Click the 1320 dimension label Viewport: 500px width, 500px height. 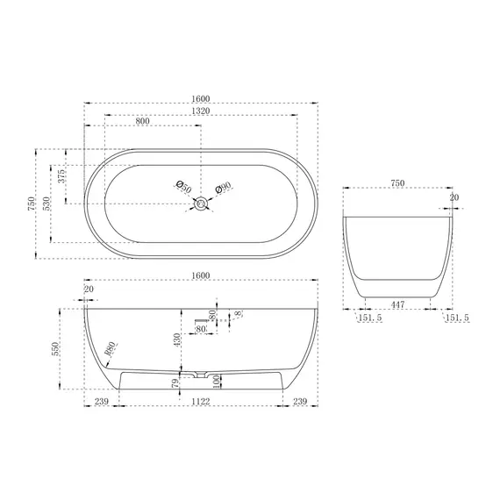(201, 111)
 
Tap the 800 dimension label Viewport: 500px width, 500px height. (142, 121)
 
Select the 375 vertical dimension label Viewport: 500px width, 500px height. (61, 176)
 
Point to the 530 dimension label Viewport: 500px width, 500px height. (46, 204)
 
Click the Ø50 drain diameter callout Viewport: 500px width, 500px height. (184, 187)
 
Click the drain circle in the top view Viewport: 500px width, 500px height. (201, 204)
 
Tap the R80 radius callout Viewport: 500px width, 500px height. (110, 349)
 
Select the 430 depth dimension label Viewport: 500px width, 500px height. (177, 340)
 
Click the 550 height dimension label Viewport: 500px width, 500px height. (55, 349)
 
